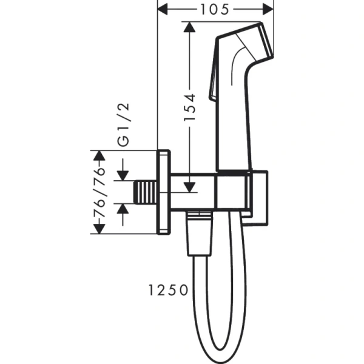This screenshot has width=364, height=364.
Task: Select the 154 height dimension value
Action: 189,107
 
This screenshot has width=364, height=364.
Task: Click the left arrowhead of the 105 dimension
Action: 162,9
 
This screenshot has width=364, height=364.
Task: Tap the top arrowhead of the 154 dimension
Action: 189,27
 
